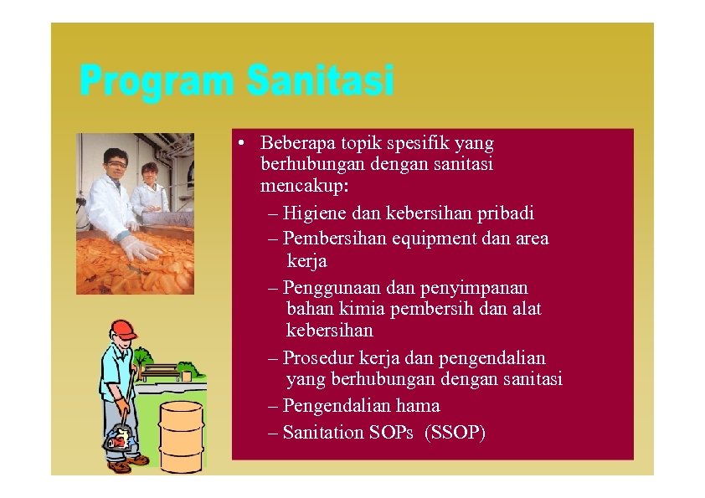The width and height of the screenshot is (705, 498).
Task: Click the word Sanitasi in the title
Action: pyautogui.click(x=320, y=83)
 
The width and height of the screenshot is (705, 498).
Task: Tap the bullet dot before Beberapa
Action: pyautogui.click(x=240, y=143)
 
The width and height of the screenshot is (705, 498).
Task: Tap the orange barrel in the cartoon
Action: pyautogui.click(x=181, y=435)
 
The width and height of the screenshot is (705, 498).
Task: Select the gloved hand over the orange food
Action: pyautogui.click(x=140, y=247)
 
